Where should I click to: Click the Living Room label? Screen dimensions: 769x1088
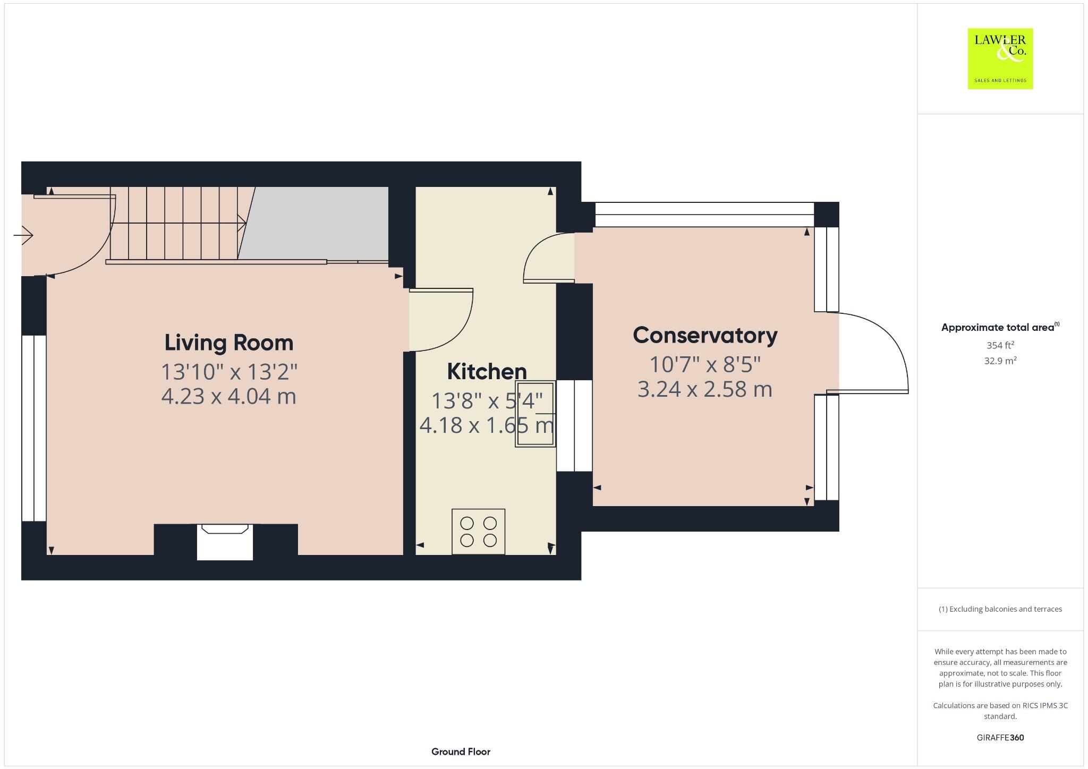point(228,343)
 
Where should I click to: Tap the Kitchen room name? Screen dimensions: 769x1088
point(487,371)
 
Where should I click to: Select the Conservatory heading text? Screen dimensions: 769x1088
point(705,335)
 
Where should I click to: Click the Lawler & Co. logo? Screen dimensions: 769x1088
point(1000,58)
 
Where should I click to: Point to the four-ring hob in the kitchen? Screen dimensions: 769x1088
point(478,532)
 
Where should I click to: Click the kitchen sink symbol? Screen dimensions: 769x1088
point(535,414)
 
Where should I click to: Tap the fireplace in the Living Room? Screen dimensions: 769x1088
point(225,542)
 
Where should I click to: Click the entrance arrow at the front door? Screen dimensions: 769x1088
point(23,235)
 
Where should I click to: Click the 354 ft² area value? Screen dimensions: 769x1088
point(1000,345)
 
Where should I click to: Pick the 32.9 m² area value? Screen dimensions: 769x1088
point(1000,361)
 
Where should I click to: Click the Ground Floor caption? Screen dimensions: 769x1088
point(461,751)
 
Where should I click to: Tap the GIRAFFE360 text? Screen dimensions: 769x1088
point(1000,737)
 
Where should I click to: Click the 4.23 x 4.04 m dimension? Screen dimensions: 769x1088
point(228,397)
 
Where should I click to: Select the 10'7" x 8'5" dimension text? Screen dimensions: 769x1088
point(705,365)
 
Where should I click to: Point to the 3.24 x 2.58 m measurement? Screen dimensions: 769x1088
point(705,389)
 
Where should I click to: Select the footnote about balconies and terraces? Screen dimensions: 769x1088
point(1000,609)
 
